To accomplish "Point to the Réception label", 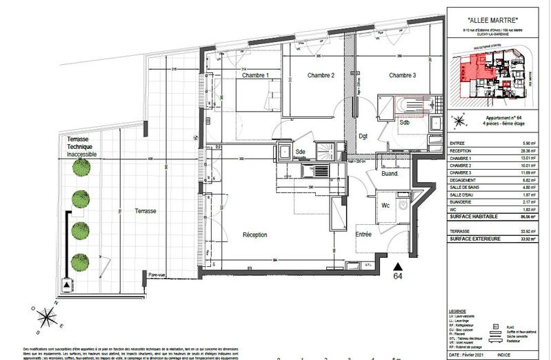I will coord(254,235).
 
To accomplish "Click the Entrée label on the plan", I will coord(363,234).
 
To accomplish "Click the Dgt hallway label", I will coord(363,136).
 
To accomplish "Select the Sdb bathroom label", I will coord(405,123).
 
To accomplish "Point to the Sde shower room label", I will coord(300,152).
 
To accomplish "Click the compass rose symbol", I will coord(48,317).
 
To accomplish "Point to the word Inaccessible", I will coord(81,154).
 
